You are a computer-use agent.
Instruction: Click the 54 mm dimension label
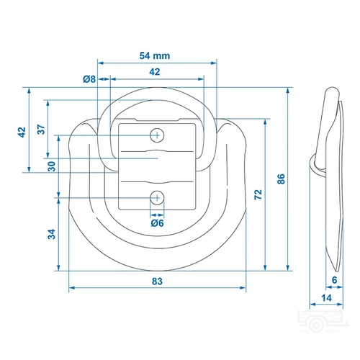pos(155,55)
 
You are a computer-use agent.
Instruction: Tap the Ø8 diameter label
pos(89,79)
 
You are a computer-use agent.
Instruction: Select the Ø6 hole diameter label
pos(157,223)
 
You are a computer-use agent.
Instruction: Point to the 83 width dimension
pos(157,281)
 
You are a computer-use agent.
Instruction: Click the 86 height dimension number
pos(281,179)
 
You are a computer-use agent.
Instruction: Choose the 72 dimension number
pos(258,194)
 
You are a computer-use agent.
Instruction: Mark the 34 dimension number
pos(52,234)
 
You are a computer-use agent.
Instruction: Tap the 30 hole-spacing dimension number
pos(52,166)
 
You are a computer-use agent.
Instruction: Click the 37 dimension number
pos(41,130)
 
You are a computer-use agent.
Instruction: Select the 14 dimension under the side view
pos(326,298)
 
